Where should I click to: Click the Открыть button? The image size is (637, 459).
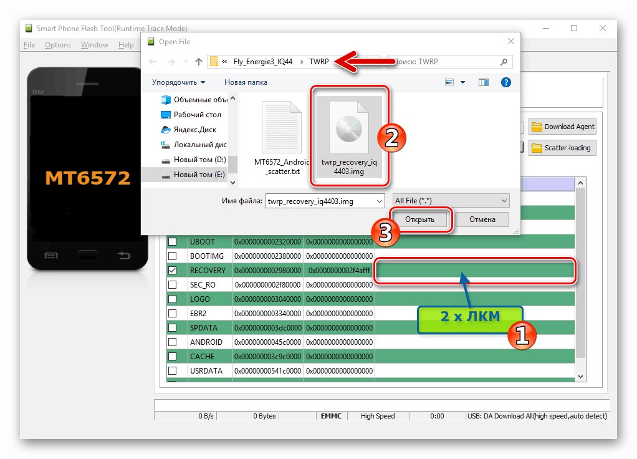coord(419,220)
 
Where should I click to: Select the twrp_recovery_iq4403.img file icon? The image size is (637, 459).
coord(349,128)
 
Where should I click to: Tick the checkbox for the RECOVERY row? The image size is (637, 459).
coord(173,271)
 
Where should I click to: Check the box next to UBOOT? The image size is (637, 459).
coord(173,241)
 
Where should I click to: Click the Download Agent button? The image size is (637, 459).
coord(563,127)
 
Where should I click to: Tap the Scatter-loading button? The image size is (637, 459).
coord(563,148)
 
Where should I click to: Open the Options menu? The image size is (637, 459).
coord(58,45)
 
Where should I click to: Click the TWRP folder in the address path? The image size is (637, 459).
coord(319,62)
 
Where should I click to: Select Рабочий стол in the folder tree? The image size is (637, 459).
coord(197,115)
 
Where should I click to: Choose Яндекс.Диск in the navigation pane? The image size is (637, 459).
coord(194,130)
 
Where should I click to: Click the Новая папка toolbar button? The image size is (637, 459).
coord(246,82)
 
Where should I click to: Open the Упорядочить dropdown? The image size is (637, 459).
coord(178,82)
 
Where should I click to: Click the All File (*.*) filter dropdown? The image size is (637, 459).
coord(451,201)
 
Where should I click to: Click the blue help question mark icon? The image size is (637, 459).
coord(505,82)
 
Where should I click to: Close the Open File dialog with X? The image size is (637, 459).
coord(511,41)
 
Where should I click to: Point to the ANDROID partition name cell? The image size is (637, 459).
coord(206,342)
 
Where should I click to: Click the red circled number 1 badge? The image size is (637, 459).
coord(522,336)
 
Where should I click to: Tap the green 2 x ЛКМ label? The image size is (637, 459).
coord(470,317)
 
